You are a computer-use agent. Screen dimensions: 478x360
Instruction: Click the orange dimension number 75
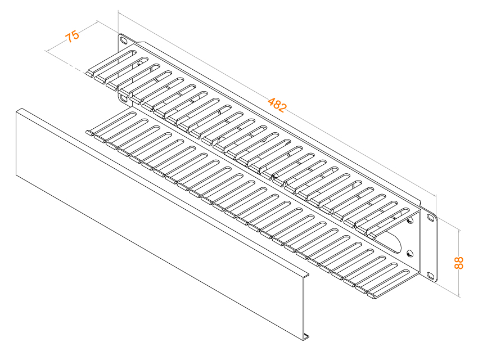tap(73, 36)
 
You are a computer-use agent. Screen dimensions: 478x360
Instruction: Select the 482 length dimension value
tap(277, 105)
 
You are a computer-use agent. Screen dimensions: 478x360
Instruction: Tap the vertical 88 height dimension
tap(458, 263)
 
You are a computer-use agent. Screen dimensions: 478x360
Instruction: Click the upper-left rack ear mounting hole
tap(124, 40)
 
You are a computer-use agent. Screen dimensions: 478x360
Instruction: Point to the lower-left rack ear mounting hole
tap(124, 98)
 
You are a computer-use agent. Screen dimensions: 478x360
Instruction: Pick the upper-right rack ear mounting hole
tap(431, 218)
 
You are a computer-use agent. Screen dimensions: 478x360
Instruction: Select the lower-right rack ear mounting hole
tap(430, 276)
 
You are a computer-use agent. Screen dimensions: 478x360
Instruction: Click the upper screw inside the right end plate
tap(409, 220)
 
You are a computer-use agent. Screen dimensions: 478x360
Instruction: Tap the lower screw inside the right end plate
tap(409, 253)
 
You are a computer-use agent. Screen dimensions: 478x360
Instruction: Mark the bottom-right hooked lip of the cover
tap(306, 337)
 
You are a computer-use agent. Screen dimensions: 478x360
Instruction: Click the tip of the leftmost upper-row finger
tap(89, 74)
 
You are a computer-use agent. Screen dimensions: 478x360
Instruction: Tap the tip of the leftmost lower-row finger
tap(89, 133)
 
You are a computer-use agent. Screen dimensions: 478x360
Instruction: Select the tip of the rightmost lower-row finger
tap(371, 296)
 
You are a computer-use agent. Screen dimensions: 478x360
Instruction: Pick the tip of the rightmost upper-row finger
tap(371, 236)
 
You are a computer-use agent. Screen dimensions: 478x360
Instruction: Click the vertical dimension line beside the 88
tap(459, 263)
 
